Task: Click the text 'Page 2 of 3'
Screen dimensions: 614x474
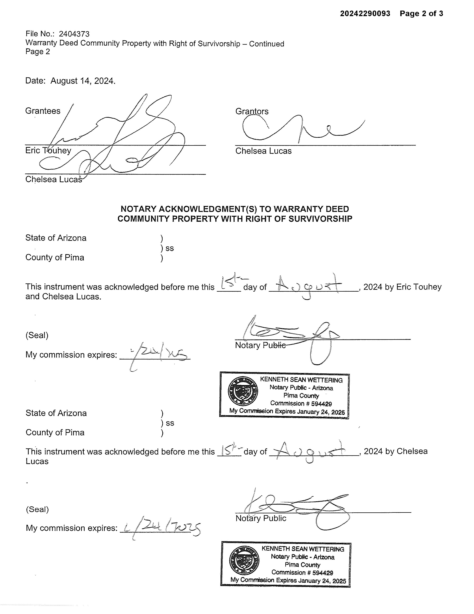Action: point(421,14)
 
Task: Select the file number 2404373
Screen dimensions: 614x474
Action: point(74,34)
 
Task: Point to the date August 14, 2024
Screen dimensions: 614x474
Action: point(83,81)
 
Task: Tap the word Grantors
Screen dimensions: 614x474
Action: point(252,111)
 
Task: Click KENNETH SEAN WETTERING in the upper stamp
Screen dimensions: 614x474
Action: point(301,380)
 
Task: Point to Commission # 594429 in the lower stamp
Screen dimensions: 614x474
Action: point(302,572)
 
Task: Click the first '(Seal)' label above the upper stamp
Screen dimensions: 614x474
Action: point(37,335)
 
